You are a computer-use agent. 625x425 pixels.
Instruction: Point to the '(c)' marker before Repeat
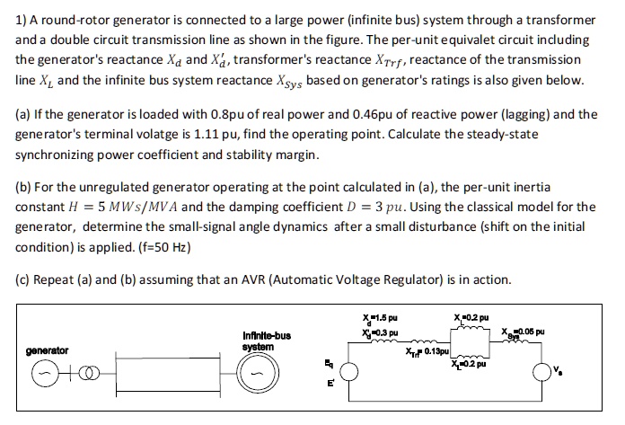pos(24,279)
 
